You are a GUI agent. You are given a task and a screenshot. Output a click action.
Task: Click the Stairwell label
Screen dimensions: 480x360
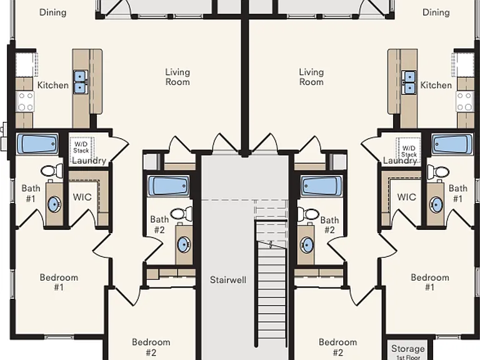pyautogui.click(x=228, y=280)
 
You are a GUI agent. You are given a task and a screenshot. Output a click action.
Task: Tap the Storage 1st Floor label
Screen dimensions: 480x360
pyautogui.click(x=408, y=352)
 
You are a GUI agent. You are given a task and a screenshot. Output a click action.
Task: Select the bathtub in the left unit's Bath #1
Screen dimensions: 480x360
pyautogui.click(x=37, y=144)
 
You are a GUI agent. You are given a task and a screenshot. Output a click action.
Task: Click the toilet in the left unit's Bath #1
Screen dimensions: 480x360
pyautogui.click(x=52, y=170)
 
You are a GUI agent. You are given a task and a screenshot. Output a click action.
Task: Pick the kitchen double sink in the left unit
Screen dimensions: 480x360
pyautogui.click(x=80, y=82)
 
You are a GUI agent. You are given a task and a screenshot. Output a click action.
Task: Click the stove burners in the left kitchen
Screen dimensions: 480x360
pyautogui.click(x=26, y=101)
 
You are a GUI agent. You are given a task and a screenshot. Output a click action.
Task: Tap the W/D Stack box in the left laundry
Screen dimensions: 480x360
pyautogui.click(x=81, y=147)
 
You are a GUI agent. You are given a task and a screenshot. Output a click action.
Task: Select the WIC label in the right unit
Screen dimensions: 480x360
pyautogui.click(x=406, y=197)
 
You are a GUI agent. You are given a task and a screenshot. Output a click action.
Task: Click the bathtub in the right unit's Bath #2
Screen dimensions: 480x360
pyautogui.click(x=321, y=186)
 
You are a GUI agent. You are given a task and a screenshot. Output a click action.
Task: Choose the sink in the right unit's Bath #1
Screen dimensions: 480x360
pyautogui.click(x=436, y=204)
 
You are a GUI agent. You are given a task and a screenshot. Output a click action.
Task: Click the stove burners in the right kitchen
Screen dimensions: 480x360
pyautogui.click(x=464, y=101)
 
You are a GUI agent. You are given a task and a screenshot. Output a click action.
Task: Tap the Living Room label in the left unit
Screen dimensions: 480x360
pyautogui.click(x=177, y=77)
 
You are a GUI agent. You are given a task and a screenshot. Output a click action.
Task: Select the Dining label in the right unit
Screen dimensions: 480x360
pyautogui.click(x=436, y=12)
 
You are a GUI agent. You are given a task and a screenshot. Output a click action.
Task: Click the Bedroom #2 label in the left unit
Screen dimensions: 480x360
pyautogui.click(x=151, y=347)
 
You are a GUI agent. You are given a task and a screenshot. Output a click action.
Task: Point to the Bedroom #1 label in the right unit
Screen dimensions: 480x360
pyautogui.click(x=430, y=282)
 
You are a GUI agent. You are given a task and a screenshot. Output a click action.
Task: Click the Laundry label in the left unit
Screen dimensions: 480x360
pyautogui.click(x=89, y=161)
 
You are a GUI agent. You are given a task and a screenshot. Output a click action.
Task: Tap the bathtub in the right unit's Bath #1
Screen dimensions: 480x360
pyautogui.click(x=452, y=144)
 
